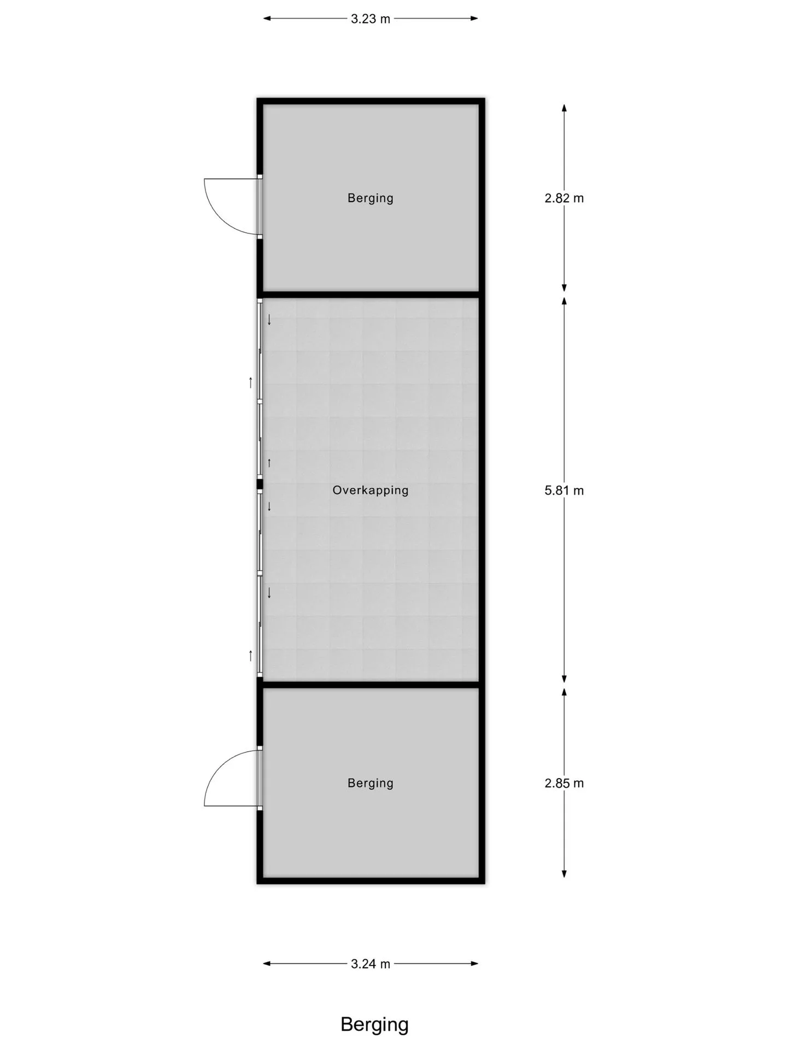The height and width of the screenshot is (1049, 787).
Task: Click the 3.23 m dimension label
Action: tap(371, 19)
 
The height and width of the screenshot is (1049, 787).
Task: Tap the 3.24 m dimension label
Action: tap(371, 964)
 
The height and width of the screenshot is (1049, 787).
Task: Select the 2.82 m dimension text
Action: tap(564, 198)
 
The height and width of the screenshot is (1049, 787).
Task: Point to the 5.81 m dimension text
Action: tap(564, 490)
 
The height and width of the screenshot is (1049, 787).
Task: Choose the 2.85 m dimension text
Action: tap(564, 783)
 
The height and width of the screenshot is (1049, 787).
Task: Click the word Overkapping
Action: tap(371, 490)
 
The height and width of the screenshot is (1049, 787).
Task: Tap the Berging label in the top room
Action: tap(371, 198)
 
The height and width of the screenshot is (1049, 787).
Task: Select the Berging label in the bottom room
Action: tap(371, 783)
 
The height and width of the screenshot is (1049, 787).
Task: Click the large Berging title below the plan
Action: tap(374, 1025)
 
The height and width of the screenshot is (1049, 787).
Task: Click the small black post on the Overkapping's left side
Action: tap(260, 484)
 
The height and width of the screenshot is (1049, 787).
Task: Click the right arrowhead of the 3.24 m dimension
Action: tap(474, 964)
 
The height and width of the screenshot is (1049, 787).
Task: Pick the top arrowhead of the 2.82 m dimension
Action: tap(564, 108)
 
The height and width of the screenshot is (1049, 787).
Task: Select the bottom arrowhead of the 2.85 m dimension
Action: tap(564, 874)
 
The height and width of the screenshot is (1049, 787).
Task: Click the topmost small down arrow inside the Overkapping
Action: tap(269, 320)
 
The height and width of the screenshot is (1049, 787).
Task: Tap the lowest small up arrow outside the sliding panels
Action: tap(251, 656)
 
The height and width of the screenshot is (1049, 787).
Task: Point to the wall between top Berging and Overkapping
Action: tap(371, 295)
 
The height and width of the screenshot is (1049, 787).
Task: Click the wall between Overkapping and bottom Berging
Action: tap(371, 685)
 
